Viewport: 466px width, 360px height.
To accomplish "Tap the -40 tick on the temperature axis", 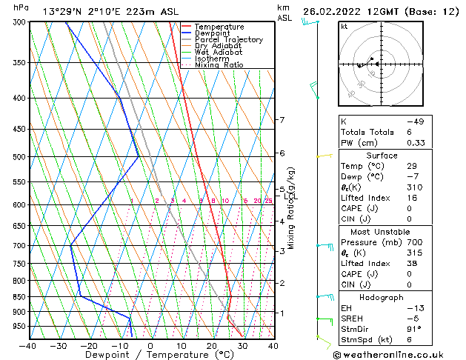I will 28,345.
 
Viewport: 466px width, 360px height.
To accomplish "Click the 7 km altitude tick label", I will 281,120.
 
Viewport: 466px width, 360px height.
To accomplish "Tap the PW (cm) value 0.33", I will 415,143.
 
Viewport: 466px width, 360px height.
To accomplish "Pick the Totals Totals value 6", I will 409,132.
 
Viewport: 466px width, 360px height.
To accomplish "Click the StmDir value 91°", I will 414,329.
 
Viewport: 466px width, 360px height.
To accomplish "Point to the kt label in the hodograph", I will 344,26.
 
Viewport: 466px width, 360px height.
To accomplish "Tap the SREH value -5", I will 412,319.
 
